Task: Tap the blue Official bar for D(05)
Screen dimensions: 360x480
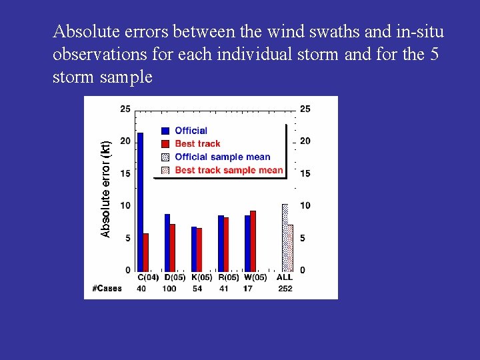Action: click(167, 242)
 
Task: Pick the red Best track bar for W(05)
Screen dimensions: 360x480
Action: click(253, 241)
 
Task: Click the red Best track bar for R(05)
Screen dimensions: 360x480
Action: click(226, 244)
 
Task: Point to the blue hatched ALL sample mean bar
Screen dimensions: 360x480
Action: click(285, 237)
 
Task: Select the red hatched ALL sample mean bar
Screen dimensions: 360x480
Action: click(290, 247)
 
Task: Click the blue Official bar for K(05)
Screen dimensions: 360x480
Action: click(194, 249)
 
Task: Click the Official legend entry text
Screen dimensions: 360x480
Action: click(191, 131)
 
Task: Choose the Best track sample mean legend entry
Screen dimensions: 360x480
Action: click(229, 170)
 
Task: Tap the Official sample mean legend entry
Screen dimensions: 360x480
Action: click(223, 157)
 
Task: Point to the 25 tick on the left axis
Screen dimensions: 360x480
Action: click(125, 109)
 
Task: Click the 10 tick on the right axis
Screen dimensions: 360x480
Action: click(305, 205)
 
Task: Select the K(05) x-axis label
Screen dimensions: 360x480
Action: click(201, 277)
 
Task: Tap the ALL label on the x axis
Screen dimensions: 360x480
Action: click(285, 277)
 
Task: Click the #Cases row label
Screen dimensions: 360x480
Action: click(107, 289)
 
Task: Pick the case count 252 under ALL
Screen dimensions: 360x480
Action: click(285, 289)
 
